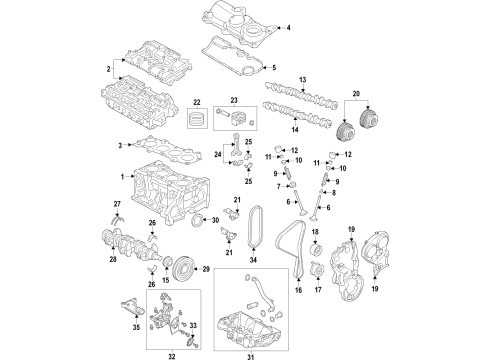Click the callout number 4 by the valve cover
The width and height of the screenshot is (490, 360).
click(x=289, y=27)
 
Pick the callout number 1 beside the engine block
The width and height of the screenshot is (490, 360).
click(x=123, y=178)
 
